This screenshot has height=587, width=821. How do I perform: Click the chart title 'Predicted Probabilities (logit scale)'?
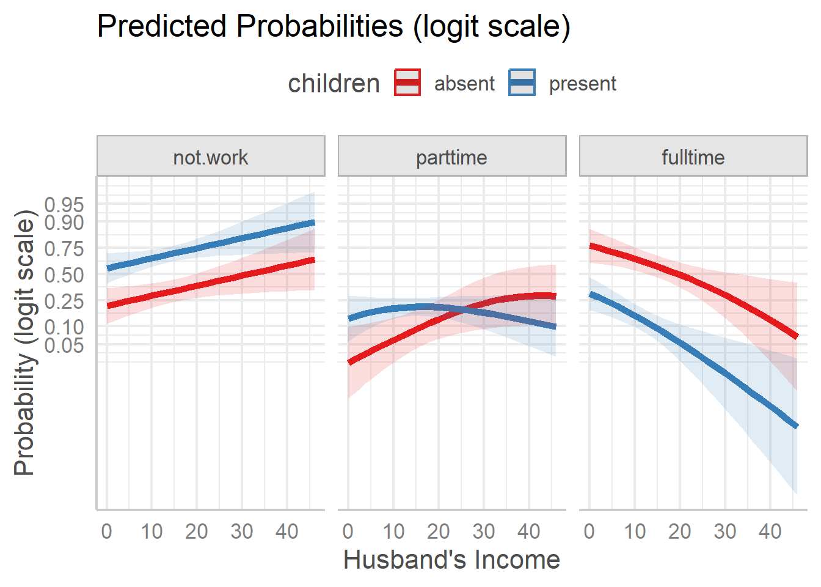[334, 27]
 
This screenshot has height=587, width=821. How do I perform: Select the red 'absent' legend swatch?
[407, 83]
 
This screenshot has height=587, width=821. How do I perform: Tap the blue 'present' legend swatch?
[522, 83]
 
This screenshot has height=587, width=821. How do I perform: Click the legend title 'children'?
[334, 83]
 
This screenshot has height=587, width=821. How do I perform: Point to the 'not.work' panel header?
[211, 157]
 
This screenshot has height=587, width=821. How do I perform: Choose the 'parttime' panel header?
[451, 157]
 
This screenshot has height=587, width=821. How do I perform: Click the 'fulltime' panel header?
[693, 157]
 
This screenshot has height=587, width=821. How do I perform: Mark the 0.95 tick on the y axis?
[64, 205]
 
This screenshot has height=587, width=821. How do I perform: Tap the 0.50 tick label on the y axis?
[64, 275]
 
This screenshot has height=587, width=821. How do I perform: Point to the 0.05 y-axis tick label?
[64, 345]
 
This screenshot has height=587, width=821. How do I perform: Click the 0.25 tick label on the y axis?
[64, 301]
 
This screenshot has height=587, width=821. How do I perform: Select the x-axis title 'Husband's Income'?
[451, 559]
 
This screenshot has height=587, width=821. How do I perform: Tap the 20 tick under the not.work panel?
[197, 531]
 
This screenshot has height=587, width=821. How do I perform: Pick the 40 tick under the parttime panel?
[529, 531]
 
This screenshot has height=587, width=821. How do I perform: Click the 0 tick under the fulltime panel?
[589, 531]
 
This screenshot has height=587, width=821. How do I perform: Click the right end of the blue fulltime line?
[796, 426]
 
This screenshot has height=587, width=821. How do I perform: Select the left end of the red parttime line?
[349, 362]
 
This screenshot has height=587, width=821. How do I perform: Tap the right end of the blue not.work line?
[313, 223]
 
